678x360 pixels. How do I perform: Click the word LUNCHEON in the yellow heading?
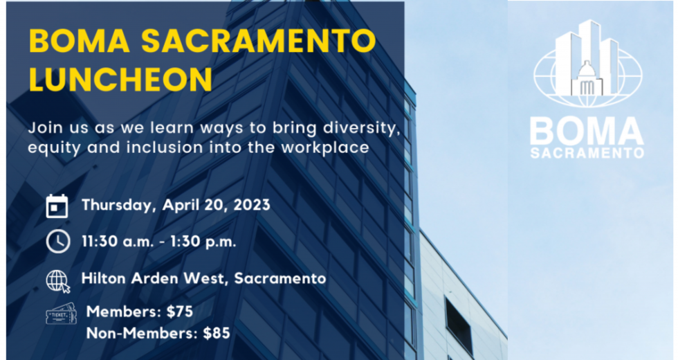pos(120,79)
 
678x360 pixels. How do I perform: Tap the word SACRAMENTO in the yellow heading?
pos(259,41)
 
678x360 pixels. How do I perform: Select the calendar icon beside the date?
pos(57,206)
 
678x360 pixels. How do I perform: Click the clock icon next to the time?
pos(58,241)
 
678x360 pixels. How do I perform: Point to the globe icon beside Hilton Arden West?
pos(58,281)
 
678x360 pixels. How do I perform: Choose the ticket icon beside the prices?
pos(61,313)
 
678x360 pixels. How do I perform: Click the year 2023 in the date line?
pos(252,205)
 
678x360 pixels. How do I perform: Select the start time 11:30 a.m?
pos(118,242)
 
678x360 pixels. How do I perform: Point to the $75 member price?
pos(179,312)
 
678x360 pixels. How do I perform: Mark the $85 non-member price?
pos(217,333)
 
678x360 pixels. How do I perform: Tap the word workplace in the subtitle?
pos(325,147)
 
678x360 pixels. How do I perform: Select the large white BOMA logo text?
pos(587,132)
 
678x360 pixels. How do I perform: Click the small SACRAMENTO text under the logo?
pos(587,153)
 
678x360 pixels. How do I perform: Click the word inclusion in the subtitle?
pos(165,147)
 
